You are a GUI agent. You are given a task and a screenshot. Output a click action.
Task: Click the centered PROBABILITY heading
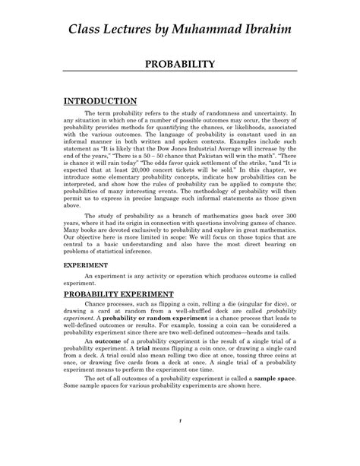(180, 65)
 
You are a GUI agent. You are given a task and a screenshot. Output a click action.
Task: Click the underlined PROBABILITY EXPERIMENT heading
(118, 293)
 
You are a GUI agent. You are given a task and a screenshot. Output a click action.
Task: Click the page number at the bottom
(181, 442)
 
